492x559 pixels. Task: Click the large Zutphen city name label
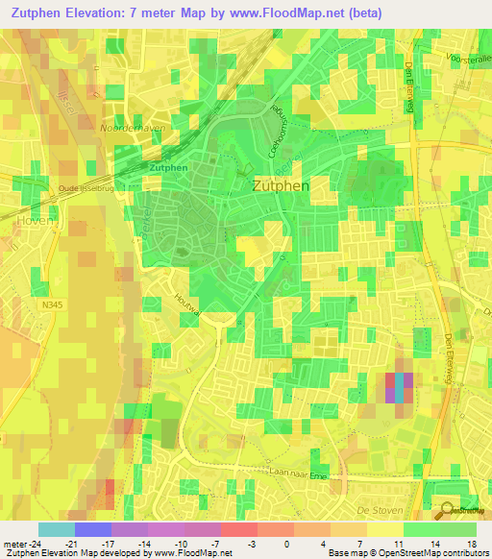pos(281,185)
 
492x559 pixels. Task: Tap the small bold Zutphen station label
pos(168,167)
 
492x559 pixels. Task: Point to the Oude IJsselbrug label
pos(86,188)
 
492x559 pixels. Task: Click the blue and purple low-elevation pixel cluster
pos(399,386)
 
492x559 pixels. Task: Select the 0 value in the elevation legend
pos(287,543)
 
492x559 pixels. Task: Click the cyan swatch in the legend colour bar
pos(56,529)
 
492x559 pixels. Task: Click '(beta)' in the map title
pos(358,13)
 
